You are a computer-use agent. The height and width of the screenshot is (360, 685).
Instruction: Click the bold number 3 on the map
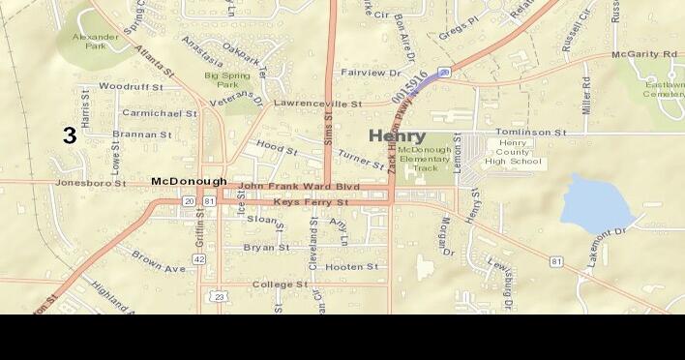point(70,136)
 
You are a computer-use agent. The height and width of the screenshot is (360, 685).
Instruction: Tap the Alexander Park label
point(97,40)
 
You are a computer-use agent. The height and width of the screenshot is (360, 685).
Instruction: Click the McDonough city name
point(189,181)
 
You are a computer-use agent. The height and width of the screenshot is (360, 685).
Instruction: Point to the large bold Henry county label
point(397,136)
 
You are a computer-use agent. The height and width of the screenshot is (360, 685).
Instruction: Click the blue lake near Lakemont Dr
point(596,203)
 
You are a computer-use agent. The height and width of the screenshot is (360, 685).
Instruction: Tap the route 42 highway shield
point(198,258)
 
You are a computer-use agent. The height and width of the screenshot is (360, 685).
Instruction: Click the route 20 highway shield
point(188,200)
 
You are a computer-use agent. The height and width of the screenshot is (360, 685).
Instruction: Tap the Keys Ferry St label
point(311,202)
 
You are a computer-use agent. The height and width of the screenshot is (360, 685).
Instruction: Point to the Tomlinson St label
point(530,132)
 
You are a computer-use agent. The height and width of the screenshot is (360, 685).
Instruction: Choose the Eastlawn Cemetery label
point(665,89)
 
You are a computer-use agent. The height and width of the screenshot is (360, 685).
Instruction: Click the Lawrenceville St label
point(317,103)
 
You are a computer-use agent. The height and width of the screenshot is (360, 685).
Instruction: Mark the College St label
point(280,285)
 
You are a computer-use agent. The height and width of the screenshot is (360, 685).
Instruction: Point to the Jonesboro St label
point(91,182)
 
